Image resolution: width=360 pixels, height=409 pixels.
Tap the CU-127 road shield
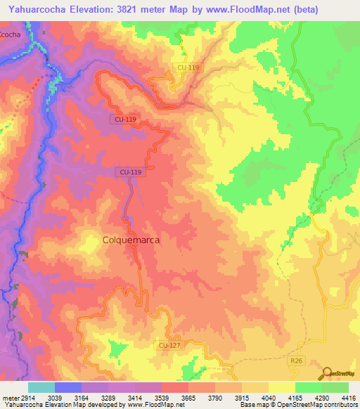(167, 345)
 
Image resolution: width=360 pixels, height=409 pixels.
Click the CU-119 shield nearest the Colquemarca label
(131, 171)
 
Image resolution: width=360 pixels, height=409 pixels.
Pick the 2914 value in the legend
(27, 397)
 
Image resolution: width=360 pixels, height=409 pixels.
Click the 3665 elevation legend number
(188, 397)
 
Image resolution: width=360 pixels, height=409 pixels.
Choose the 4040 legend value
(267, 397)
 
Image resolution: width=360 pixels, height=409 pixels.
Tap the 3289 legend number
(108, 397)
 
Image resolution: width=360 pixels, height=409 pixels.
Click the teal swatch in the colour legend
(41, 387)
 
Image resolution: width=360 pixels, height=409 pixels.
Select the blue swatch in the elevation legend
(67, 387)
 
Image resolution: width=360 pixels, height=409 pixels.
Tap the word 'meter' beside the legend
(9, 397)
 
